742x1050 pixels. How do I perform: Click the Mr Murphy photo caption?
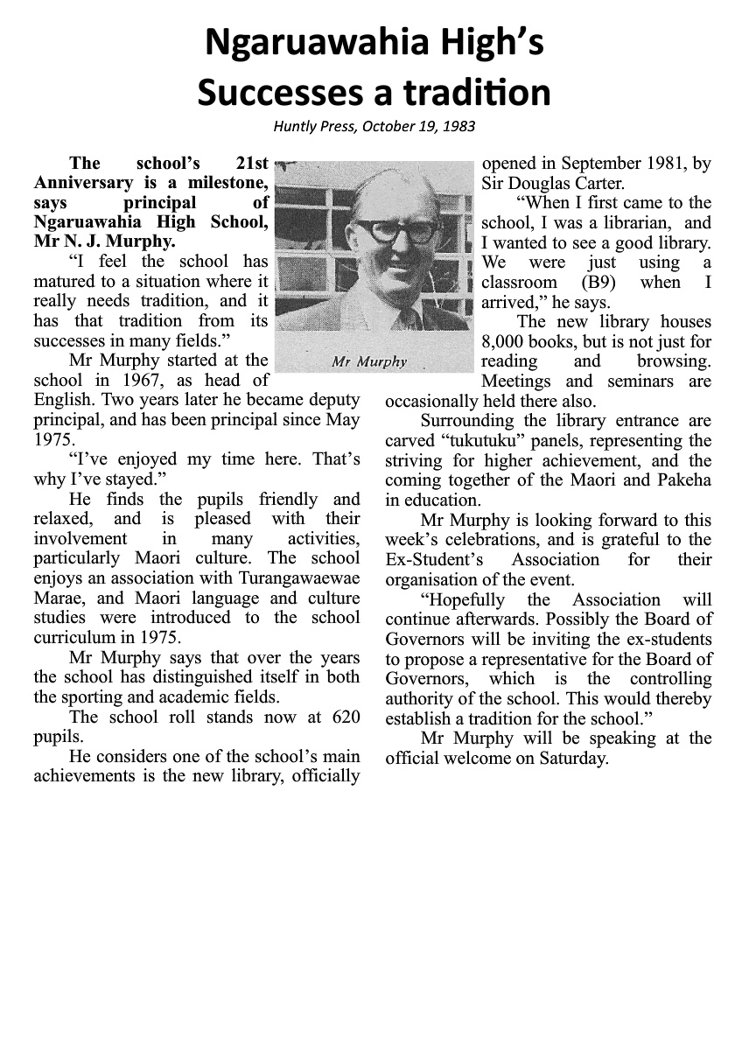pos(369,362)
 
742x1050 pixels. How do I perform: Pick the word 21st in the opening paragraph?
pos(252,163)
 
